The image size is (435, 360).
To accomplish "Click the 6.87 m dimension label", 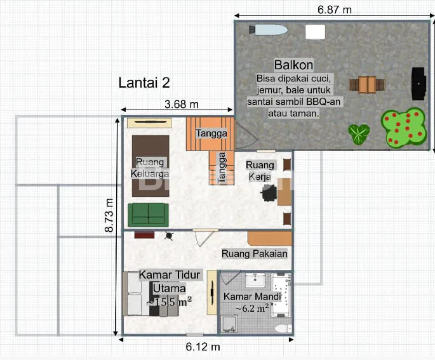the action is (335, 10).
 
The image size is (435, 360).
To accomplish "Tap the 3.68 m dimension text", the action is (182, 104).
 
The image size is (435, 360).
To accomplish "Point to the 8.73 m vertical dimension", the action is (109, 215).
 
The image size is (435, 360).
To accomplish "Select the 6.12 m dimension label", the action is (203, 347).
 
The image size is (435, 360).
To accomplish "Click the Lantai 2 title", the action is (144, 83).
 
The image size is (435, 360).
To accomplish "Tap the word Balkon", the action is (293, 65).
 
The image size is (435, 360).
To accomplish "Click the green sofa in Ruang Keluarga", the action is (148, 215).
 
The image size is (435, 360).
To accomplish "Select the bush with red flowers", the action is (404, 128).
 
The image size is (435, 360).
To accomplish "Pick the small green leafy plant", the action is (359, 134).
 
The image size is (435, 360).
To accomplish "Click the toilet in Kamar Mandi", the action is (283, 328).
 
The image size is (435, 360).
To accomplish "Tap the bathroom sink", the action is (255, 280).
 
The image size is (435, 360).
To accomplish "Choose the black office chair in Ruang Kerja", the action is (269, 193).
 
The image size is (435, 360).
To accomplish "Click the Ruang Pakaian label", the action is (255, 254).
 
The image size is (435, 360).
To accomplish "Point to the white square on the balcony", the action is (316, 32).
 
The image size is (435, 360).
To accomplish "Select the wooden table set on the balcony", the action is (367, 85).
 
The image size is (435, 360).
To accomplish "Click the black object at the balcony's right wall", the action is (418, 83).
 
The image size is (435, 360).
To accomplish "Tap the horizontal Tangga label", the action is (211, 133).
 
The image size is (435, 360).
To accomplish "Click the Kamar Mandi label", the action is (252, 297).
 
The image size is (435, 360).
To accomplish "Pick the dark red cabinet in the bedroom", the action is (144, 235).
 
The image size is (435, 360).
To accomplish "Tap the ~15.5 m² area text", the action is (169, 302).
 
